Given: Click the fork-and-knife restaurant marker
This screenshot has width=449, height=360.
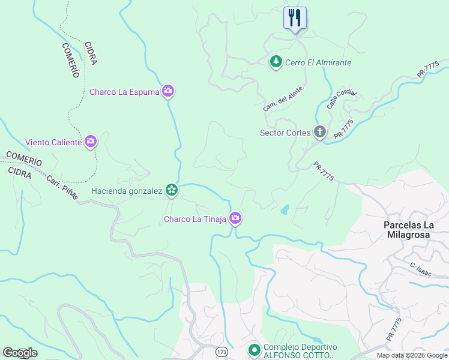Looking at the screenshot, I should (x=295, y=18).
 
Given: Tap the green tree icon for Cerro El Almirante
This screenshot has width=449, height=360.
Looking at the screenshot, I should (x=276, y=62).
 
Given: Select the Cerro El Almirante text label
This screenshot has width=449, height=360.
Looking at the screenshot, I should (x=318, y=62).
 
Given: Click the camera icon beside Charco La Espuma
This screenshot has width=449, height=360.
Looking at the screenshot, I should (x=168, y=92).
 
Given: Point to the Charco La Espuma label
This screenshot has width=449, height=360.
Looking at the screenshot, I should (x=124, y=92).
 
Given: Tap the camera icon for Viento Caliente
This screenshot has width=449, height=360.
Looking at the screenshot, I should (x=91, y=142).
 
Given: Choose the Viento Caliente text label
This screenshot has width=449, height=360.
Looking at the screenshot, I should (x=53, y=142).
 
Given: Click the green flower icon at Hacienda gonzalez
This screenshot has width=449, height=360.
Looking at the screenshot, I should (x=172, y=190).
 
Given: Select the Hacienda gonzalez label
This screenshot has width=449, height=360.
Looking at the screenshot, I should (x=127, y=191).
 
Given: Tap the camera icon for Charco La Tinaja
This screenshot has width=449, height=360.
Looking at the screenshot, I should (x=237, y=219).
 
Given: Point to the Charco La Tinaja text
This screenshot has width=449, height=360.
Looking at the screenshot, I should (x=195, y=219).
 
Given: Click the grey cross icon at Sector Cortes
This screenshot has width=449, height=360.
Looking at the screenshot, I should (x=320, y=133).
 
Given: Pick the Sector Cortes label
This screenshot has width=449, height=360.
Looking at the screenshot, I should (x=285, y=133).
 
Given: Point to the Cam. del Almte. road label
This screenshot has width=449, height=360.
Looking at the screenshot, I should (x=284, y=98).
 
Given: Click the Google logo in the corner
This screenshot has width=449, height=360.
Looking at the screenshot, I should (x=20, y=353).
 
